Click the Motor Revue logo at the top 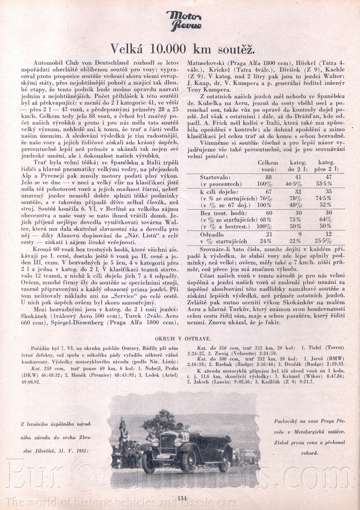[184, 20]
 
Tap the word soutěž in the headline [237, 49]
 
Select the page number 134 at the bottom [182, 498]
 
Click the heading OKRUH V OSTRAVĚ [183, 338]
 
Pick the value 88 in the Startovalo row [268, 177]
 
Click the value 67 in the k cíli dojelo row [268, 191]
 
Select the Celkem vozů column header [268, 166]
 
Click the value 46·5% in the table [298, 184]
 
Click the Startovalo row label [214, 177]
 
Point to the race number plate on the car [185, 436]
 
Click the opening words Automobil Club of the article [52, 63]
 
